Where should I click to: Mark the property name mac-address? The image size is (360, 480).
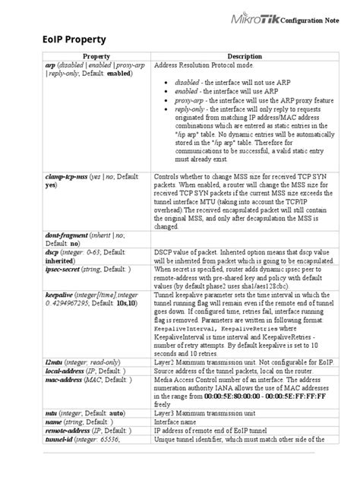pos(44,380)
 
